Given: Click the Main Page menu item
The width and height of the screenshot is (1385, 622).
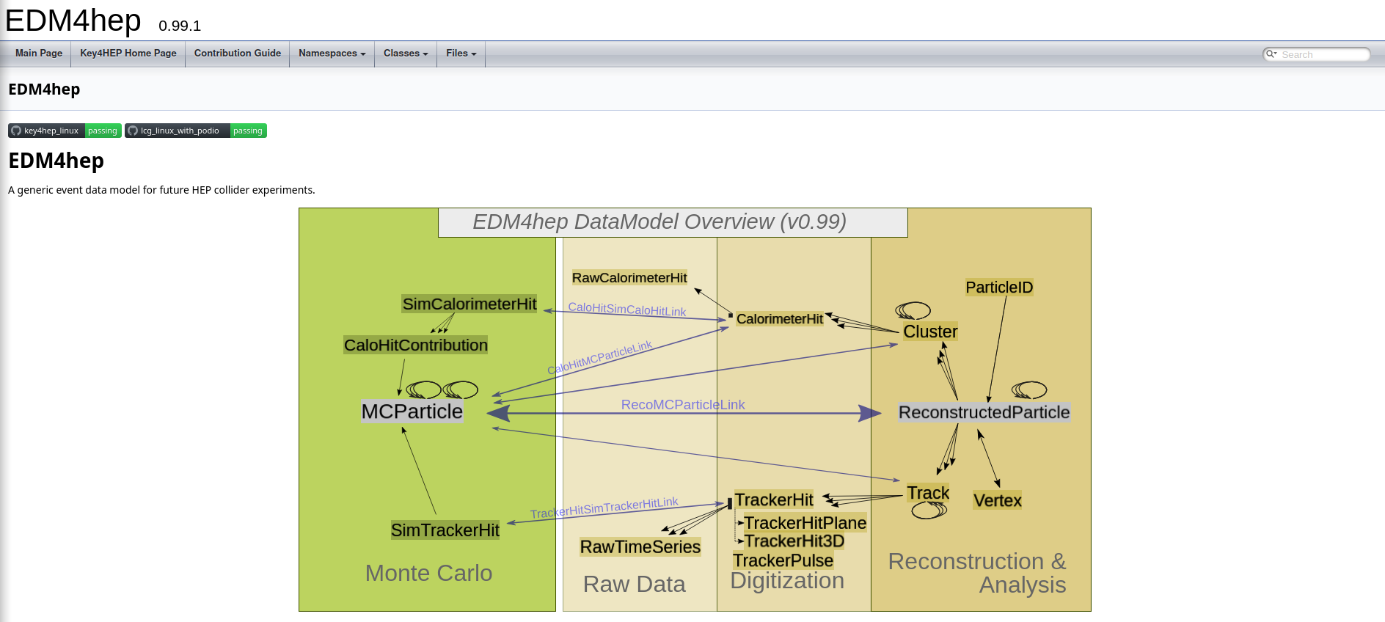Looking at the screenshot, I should (39, 54).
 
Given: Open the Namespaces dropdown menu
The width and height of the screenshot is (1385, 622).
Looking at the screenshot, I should (332, 54).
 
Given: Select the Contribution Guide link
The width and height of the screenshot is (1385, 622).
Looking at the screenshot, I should (237, 54).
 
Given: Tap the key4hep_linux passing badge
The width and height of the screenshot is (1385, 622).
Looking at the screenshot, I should (65, 131).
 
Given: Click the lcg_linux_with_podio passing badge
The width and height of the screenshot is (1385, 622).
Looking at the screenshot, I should (196, 131).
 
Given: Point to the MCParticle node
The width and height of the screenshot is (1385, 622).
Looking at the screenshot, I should (412, 411).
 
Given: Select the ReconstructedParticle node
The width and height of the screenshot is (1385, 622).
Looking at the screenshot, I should (984, 412).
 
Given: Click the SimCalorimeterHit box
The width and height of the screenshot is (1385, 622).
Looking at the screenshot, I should (469, 304).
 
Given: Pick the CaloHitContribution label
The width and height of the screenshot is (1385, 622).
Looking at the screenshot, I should (415, 345).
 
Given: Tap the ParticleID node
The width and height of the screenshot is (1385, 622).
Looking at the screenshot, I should (998, 288).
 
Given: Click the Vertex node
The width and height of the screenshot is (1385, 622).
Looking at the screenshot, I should (997, 500).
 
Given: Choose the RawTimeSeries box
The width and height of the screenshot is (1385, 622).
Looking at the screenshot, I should (640, 547).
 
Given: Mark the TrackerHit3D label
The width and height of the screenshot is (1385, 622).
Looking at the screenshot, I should (794, 541).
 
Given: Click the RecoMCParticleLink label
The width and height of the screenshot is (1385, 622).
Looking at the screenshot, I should (682, 405).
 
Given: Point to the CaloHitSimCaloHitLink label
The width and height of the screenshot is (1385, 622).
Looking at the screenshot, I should (626, 310).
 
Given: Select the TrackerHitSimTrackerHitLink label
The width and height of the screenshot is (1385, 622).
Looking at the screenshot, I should (604, 508).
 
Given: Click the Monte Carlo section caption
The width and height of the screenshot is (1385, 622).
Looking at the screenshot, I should (428, 573).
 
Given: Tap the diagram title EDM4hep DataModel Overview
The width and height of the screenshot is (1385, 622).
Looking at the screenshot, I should (659, 222).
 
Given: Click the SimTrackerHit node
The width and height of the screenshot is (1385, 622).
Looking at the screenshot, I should (445, 530).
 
